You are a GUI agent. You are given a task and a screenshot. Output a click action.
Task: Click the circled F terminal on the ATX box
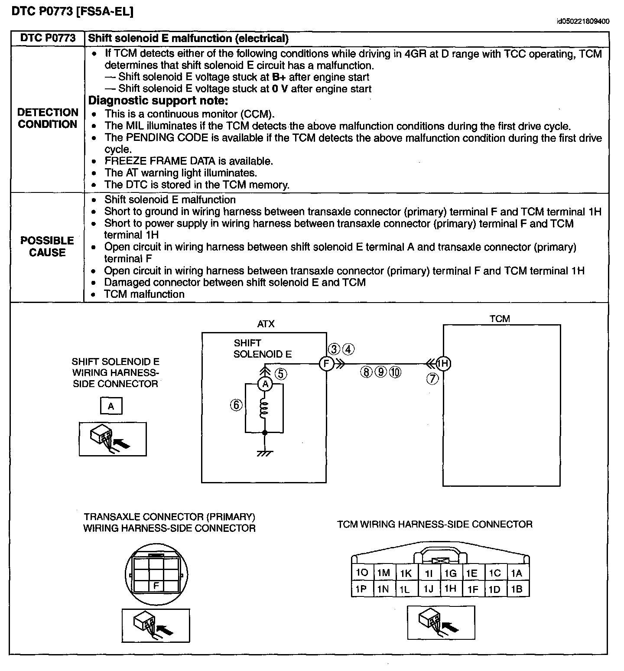[326, 363]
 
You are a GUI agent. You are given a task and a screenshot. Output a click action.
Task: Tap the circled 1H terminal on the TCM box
[443, 363]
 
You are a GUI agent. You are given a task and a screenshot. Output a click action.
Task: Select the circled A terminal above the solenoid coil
[265, 384]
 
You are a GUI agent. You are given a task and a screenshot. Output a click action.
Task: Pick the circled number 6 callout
[236, 405]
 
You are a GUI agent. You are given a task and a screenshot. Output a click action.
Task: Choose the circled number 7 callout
[432, 378]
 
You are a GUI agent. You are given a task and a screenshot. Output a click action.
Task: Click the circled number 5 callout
[281, 373]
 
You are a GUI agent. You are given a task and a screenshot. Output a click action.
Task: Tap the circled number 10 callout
[395, 371]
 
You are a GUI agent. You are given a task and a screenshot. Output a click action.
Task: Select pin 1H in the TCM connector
[451, 588]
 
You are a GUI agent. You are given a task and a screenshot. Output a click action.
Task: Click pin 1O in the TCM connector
[362, 573]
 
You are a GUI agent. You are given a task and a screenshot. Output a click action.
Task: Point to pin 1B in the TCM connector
[517, 589]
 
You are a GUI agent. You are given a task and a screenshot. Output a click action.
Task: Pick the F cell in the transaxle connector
[156, 586]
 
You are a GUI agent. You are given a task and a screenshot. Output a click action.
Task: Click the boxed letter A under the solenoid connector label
[111, 406]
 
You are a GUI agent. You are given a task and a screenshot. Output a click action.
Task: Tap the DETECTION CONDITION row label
[47, 118]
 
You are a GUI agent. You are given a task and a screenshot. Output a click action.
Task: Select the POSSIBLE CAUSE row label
[47, 247]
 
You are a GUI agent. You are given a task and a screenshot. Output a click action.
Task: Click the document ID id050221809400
[583, 21]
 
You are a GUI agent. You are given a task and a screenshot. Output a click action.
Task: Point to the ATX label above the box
[266, 324]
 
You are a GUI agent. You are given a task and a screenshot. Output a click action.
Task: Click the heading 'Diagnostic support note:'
[158, 101]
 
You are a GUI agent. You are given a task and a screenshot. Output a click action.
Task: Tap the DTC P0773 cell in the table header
[48, 38]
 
